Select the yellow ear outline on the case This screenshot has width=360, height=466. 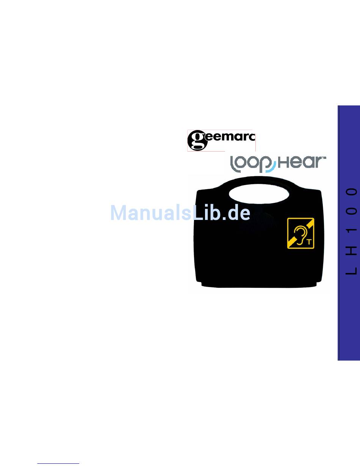pos(299,235)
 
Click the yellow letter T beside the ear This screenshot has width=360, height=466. pos(309,242)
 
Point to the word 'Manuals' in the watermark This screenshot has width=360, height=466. pos(150,213)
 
